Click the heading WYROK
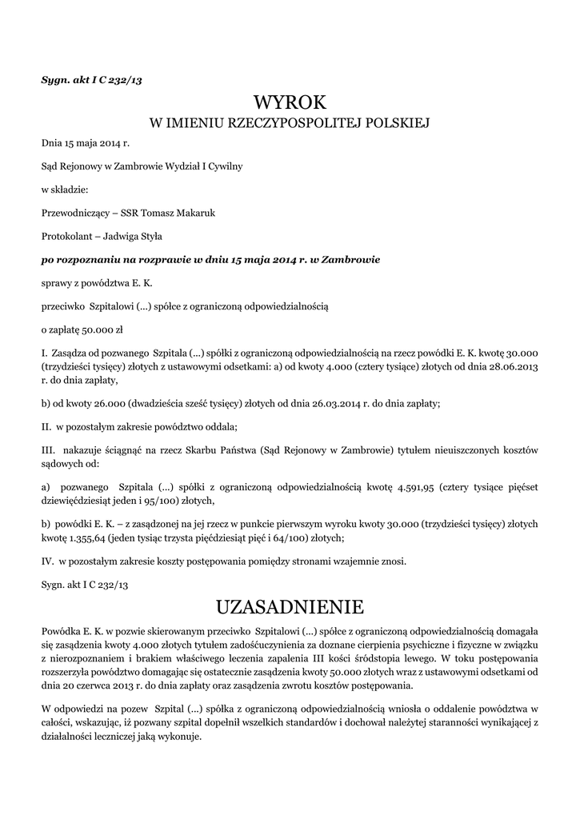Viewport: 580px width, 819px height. [x=290, y=103]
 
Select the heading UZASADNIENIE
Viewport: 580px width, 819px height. [x=290, y=606]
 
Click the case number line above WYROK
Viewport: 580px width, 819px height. [x=92, y=79]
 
